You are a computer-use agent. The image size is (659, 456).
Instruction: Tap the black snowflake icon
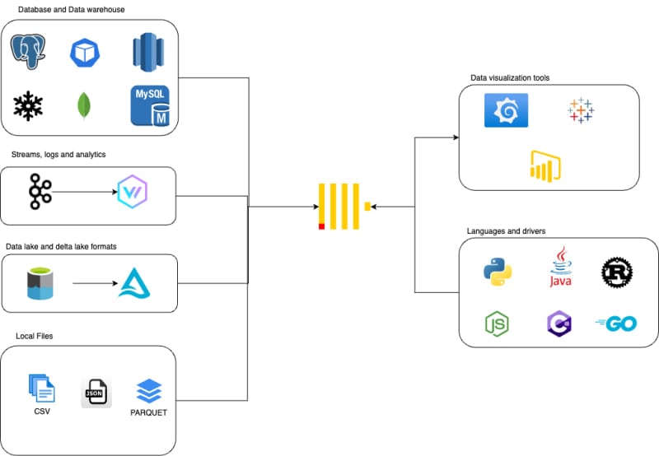[29, 106]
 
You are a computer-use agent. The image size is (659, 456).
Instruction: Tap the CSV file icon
[41, 388]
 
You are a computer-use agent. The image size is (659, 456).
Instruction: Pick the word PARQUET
[148, 412]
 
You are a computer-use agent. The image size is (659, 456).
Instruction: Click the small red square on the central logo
[321, 226]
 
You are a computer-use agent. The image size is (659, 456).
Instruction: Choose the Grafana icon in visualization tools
[506, 110]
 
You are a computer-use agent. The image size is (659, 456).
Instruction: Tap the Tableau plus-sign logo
[580, 110]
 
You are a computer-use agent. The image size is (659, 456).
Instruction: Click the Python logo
[497, 272]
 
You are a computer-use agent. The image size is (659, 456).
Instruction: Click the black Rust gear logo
[616, 272]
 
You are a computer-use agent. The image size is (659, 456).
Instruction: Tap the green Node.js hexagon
[497, 324]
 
